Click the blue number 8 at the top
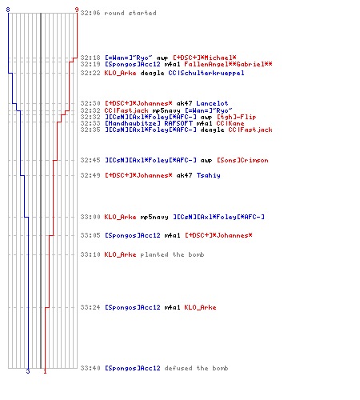tap(8, 10)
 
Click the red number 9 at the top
tap(77, 10)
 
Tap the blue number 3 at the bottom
tap(28, 371)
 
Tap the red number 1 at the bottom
tap(45, 371)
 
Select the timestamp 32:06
tap(90, 13)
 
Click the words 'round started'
tap(130, 13)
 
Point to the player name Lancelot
tap(212, 103)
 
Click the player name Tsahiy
tap(209, 175)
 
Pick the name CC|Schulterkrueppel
tap(206, 73)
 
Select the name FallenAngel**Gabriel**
tap(228, 64)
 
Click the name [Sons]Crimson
tap(242, 160)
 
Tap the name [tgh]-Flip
tap(236, 117)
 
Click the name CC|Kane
tap(230, 123)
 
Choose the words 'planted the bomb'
tap(172, 254)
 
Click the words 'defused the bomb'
tap(196, 368)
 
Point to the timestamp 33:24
tap(90, 307)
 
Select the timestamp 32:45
tap(90, 160)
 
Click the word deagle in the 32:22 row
tap(152, 74)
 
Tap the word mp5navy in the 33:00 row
tap(154, 218)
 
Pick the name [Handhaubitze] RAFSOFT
tap(149, 123)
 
